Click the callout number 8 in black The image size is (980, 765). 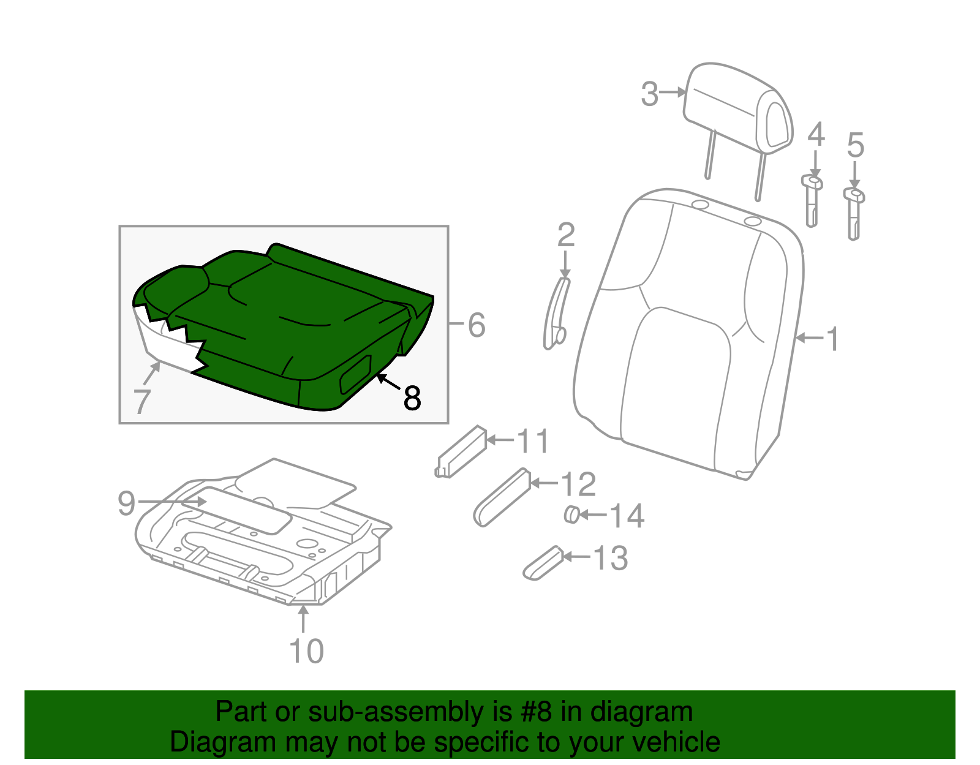[412, 398]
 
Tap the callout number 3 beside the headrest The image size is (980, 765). [649, 95]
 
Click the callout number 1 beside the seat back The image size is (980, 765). [832, 339]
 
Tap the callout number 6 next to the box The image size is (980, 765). [477, 325]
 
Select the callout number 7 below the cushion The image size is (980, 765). [141, 402]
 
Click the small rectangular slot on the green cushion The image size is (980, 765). [356, 374]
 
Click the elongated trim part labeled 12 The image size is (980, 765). [501, 497]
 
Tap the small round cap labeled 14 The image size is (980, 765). [571, 514]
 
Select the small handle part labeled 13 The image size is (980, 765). [543, 564]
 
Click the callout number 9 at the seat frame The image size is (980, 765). [126, 503]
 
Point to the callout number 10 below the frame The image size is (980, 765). [306, 651]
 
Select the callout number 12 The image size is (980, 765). [578, 484]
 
